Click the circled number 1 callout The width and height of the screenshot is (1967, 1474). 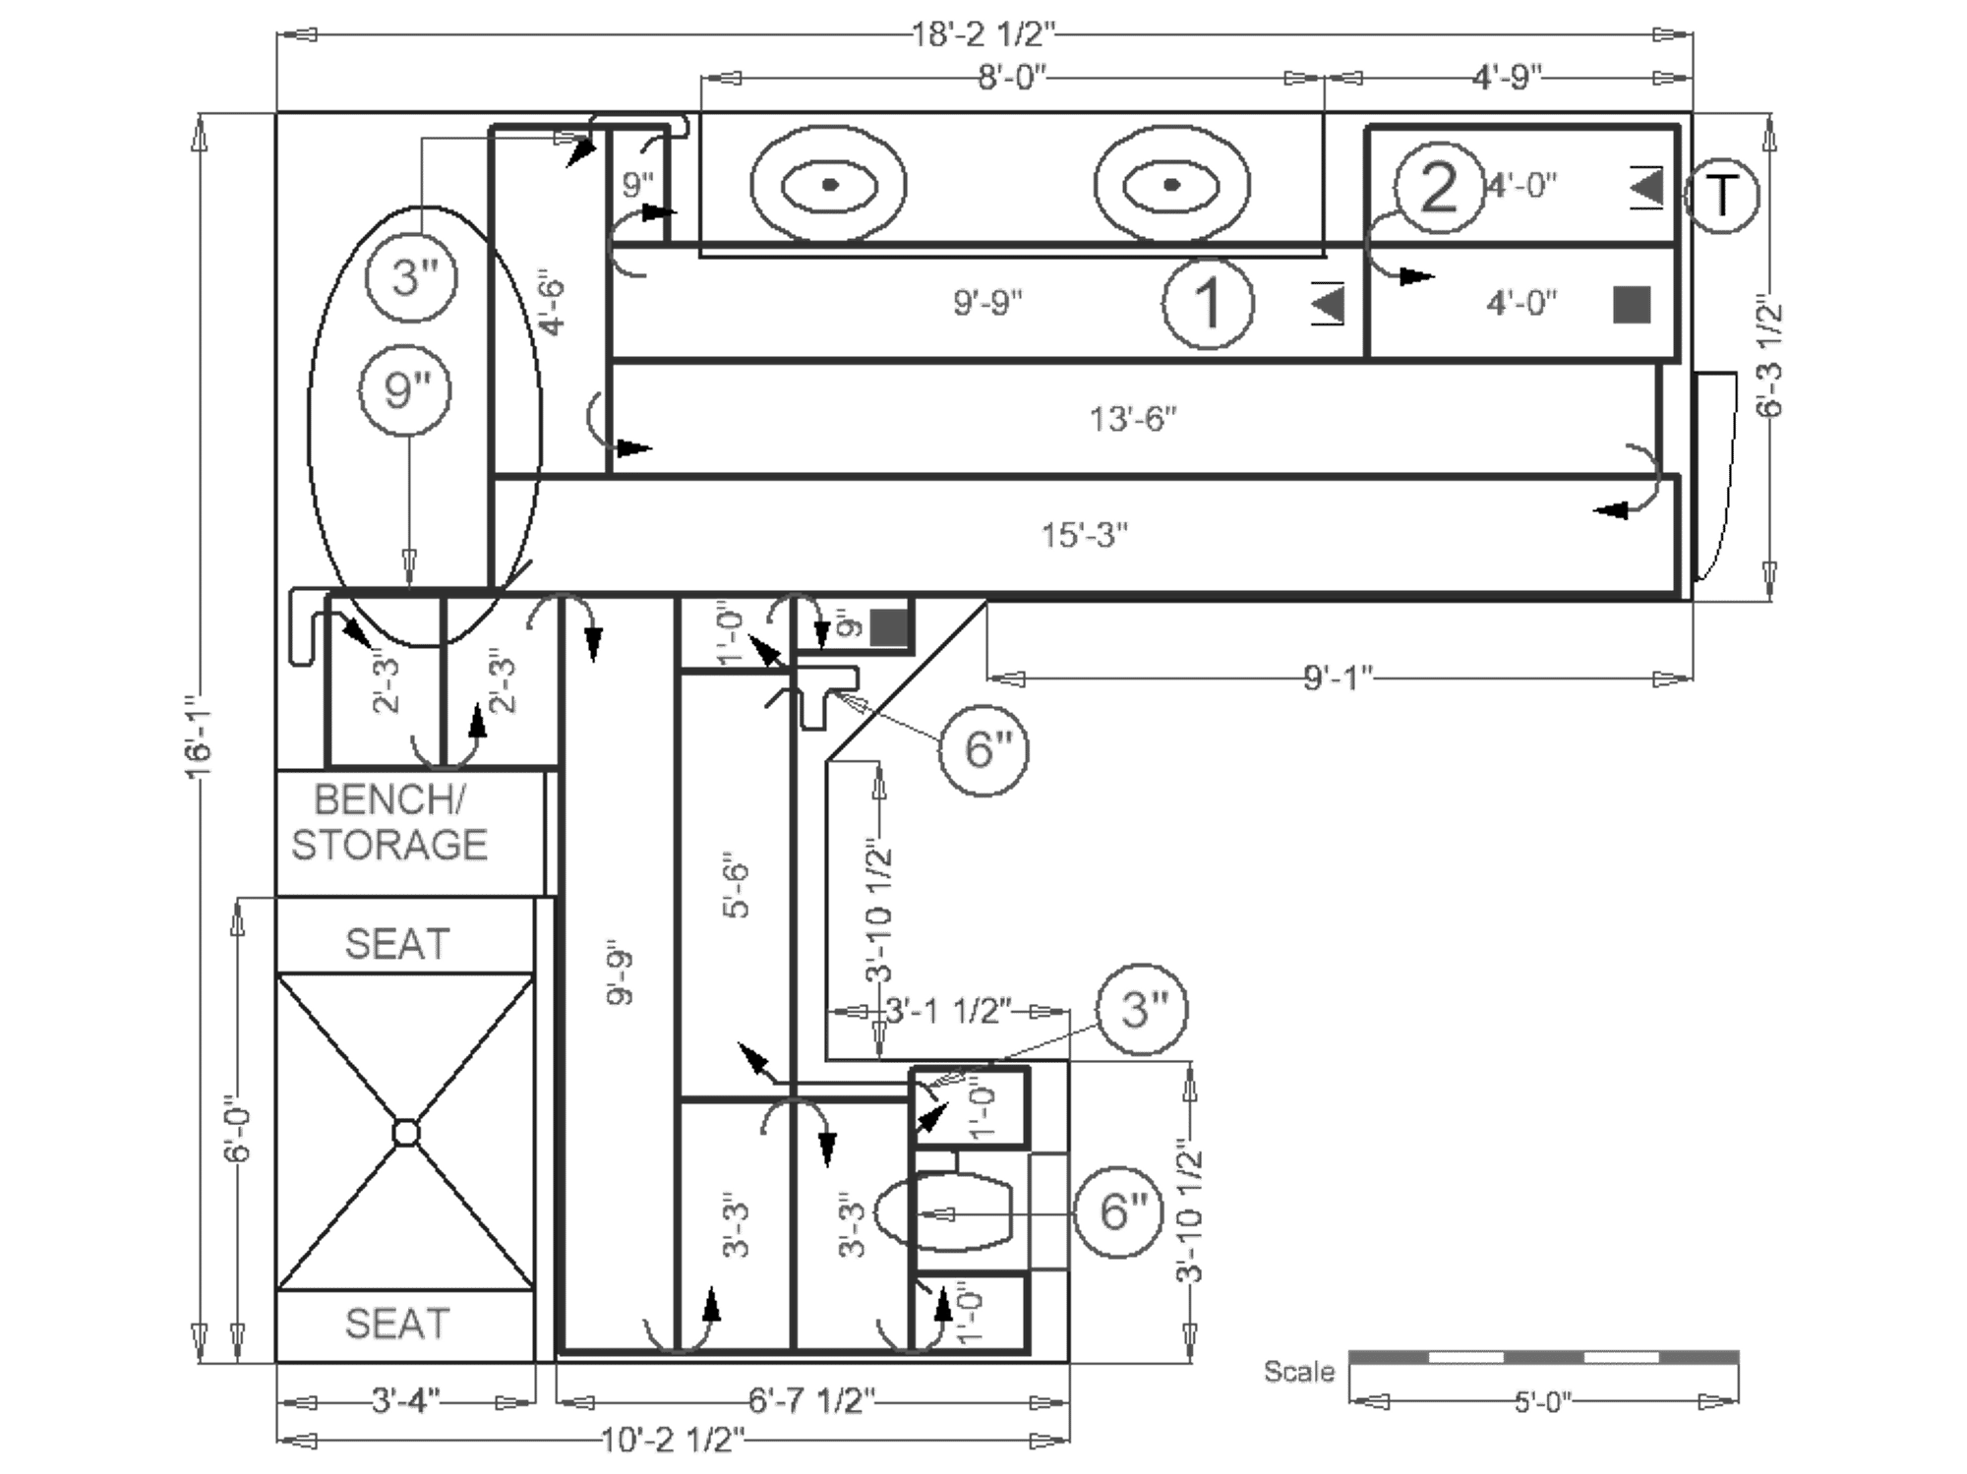point(1207,304)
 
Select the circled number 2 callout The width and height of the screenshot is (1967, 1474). point(1439,187)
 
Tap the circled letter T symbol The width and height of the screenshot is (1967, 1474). point(1723,196)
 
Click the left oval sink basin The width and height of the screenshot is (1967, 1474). point(828,184)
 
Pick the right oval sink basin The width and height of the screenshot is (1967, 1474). point(1171,184)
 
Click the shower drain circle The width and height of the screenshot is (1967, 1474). point(405,1133)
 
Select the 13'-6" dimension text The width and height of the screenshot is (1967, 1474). point(1133,418)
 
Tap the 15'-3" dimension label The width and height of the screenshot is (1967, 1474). point(1085,537)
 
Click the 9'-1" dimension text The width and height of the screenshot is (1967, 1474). point(1338,677)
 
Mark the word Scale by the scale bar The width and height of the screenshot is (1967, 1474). point(1298,1372)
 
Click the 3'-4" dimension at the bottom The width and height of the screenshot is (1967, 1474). point(405,1400)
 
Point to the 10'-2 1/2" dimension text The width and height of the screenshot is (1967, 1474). point(672,1442)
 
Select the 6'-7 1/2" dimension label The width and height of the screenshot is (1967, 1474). point(811,1400)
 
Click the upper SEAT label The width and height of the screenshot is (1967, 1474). point(397,945)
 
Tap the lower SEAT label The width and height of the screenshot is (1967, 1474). point(397,1325)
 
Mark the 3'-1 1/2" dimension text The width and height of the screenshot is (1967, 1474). point(947,1010)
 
